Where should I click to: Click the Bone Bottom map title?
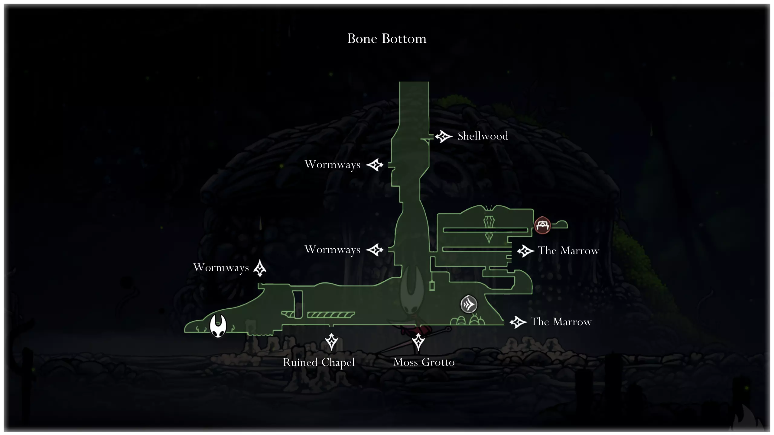click(387, 39)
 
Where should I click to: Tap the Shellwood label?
click(483, 136)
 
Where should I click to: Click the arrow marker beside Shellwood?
click(444, 137)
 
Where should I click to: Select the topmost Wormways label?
click(333, 165)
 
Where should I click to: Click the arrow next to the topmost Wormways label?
click(375, 165)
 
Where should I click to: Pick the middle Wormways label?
click(333, 250)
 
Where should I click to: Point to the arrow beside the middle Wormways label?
click(375, 250)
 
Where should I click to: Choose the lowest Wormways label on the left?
click(221, 268)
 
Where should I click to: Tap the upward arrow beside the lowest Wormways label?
click(260, 268)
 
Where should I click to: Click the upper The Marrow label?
click(568, 251)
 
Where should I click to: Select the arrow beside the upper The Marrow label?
click(526, 251)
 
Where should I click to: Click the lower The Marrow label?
click(561, 322)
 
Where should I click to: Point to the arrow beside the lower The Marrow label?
click(518, 322)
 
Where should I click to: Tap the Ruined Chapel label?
click(319, 362)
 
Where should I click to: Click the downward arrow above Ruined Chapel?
click(331, 342)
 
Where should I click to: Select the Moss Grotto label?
click(424, 362)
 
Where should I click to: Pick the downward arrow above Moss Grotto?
click(418, 342)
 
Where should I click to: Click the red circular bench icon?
click(542, 225)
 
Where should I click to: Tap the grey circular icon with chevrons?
click(469, 304)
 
